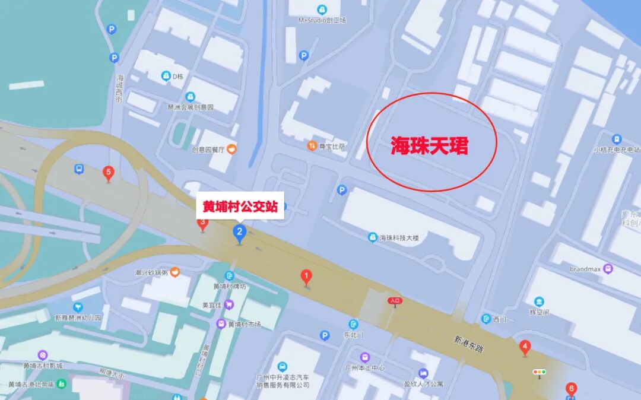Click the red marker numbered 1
[306, 277]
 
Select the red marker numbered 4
[525, 347]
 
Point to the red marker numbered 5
[108, 173]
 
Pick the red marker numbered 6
[571, 389]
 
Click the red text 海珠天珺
[429, 145]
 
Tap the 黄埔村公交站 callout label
[240, 207]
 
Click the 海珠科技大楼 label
[399, 238]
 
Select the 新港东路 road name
[469, 344]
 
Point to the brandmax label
[585, 269]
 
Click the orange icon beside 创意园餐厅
[231, 149]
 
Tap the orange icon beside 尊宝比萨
[312, 146]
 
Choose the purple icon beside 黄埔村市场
[221, 324]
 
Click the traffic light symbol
[540, 372]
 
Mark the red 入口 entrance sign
[395, 301]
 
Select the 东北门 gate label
[352, 335]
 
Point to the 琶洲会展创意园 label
[191, 107]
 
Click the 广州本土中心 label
[364, 368]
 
